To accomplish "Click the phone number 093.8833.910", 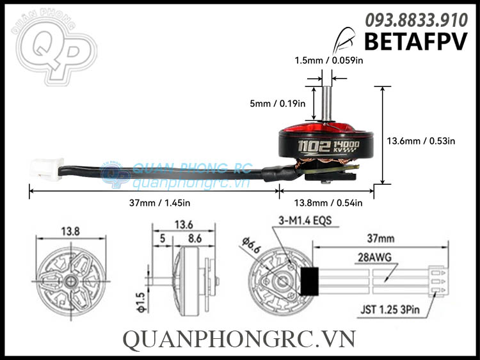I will tap(416, 20).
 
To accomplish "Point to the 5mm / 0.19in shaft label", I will tap(278, 102).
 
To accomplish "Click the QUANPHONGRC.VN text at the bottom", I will tap(239, 340).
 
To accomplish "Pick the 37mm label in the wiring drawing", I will tap(381, 237).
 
